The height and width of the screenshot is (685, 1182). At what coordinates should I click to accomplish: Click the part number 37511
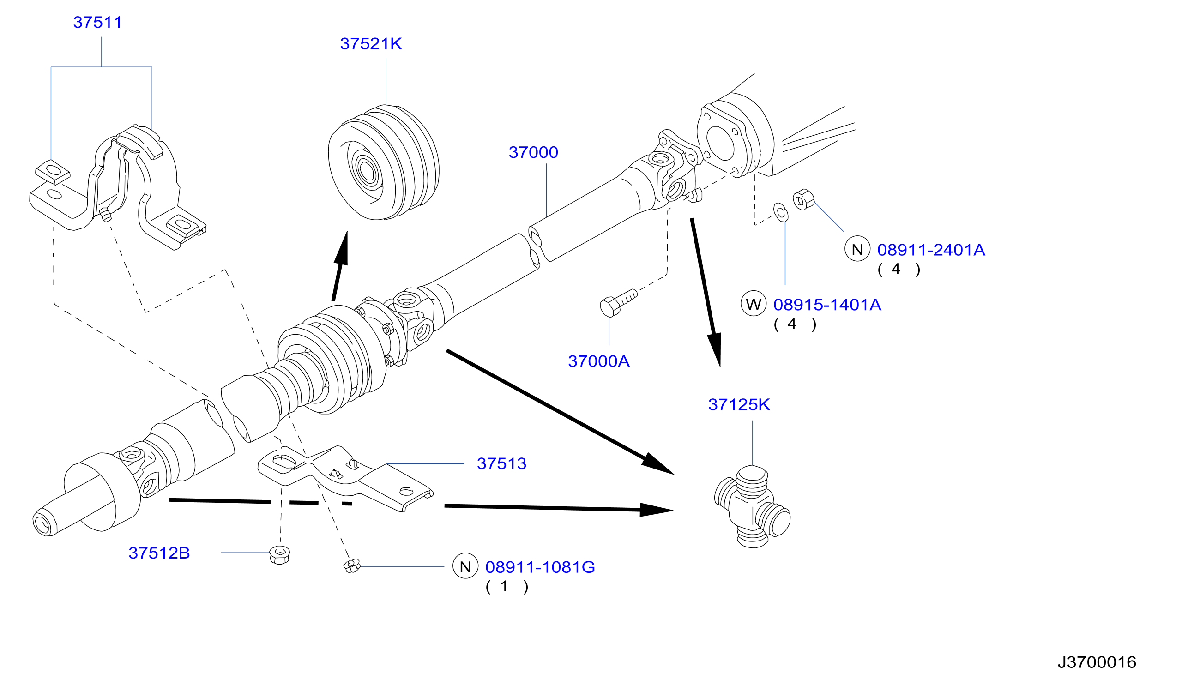pos(97,22)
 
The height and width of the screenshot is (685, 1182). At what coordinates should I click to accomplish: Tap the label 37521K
pos(371,43)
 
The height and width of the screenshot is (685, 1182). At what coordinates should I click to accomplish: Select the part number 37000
pos(533,152)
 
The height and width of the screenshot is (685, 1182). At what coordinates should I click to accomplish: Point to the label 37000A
pos(599,361)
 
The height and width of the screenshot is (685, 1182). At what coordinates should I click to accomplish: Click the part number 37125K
pos(739,405)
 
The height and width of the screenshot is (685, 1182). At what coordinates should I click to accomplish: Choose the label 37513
pos(502,464)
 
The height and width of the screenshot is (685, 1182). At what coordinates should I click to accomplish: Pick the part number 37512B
pos(159,553)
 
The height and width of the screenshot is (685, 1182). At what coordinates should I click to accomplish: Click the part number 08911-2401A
pos(931,250)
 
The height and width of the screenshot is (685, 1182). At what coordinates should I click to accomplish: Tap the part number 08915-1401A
pos(827,305)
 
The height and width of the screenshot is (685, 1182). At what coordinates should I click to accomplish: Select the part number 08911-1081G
pos(540,567)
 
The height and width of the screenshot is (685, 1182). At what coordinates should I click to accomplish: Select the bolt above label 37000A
pos(619,303)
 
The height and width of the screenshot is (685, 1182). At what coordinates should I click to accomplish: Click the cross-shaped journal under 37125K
pos(752,507)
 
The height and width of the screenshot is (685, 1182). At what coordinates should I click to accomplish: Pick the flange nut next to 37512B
pos(280,556)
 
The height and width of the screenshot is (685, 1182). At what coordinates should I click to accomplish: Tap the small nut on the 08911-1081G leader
pos(352,566)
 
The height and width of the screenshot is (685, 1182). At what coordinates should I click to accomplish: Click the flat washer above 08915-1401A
pos(780,212)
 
